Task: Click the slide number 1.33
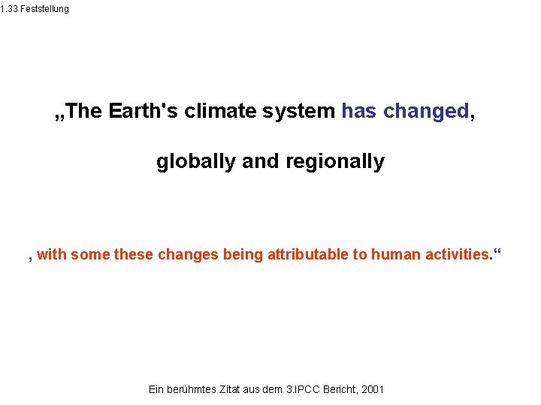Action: [8, 8]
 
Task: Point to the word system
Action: [300, 111]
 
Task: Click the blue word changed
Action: [425, 111]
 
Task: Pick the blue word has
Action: [360, 111]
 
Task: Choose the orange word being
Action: [243, 254]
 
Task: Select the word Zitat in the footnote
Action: [231, 389]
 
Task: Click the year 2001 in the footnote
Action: [372, 389]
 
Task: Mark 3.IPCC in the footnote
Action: [303, 389]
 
